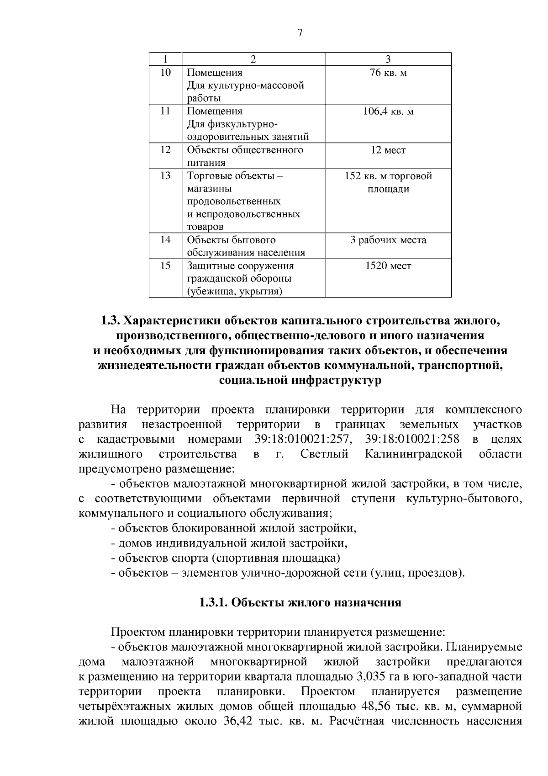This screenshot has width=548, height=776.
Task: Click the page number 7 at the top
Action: click(x=300, y=33)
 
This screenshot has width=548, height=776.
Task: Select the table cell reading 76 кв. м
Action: click(x=388, y=73)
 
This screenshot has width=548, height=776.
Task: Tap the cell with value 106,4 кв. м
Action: click(x=388, y=112)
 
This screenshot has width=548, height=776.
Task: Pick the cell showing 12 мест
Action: click(x=388, y=150)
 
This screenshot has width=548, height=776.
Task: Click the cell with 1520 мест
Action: click(x=388, y=266)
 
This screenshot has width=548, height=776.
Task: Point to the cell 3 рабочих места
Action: click(x=388, y=240)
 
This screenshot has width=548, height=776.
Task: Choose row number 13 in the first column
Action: click(x=165, y=176)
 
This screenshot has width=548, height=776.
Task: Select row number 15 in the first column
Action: click(x=165, y=266)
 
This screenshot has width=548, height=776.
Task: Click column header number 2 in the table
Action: click(x=253, y=59)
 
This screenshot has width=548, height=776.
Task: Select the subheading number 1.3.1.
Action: click(x=213, y=603)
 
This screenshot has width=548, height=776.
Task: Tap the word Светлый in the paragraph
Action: click(x=324, y=454)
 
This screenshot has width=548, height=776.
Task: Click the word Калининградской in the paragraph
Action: click(x=414, y=454)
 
